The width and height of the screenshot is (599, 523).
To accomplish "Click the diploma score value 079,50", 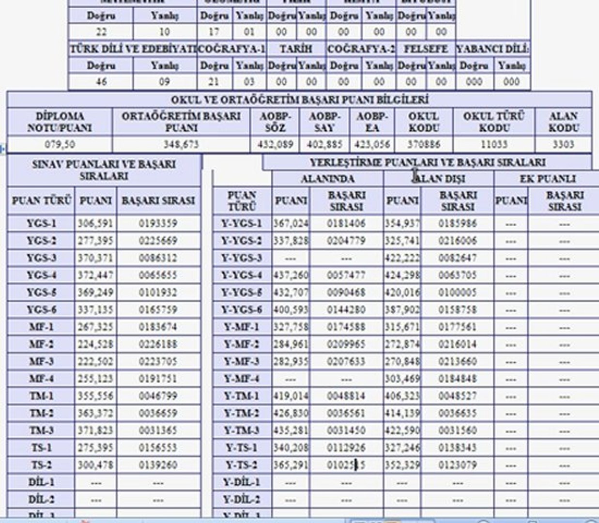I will click(x=60, y=144).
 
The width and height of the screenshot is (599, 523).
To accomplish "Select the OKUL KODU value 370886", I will click(x=424, y=144).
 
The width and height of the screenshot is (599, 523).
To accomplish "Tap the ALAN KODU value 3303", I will click(x=563, y=144).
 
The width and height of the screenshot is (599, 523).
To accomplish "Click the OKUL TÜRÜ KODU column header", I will click(x=493, y=122).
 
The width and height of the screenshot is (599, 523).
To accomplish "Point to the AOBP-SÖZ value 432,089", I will click(x=276, y=144).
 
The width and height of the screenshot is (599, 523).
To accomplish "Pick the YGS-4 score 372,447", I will click(x=95, y=275).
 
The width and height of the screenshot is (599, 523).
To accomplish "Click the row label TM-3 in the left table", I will click(x=41, y=431).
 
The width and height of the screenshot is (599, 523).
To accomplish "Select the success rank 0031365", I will click(x=158, y=431).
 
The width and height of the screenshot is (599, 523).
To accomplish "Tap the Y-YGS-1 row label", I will click(x=242, y=223).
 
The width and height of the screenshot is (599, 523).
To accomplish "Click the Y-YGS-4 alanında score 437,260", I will click(x=291, y=275).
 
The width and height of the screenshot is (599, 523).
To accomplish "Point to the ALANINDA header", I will click(x=327, y=179).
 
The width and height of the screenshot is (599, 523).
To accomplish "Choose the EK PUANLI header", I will click(x=547, y=179).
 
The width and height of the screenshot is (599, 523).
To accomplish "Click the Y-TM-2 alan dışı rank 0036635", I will click(x=457, y=413).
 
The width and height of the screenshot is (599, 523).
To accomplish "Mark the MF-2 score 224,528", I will click(x=95, y=344).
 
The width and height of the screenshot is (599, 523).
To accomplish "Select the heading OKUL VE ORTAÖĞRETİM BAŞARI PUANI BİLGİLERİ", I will click(x=299, y=100).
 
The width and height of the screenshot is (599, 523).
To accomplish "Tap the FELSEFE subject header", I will click(x=426, y=49).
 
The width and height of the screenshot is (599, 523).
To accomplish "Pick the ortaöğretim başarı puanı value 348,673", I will click(x=181, y=144).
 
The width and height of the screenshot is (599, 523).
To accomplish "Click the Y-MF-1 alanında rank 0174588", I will click(x=346, y=327).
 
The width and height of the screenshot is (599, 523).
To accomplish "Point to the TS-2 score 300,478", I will click(x=95, y=465).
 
